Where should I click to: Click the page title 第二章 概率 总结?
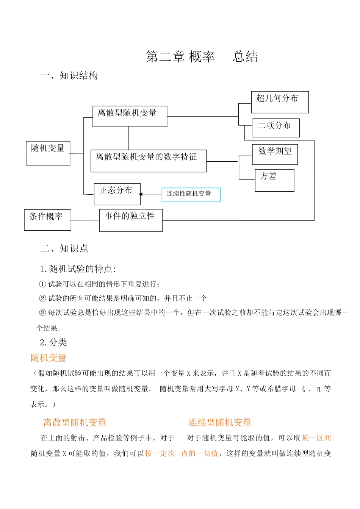click(202, 57)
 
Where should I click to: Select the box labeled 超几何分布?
click(280, 102)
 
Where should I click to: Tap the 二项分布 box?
click(276, 128)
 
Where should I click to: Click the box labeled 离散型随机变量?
click(130, 116)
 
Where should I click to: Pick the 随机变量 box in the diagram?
click(48, 153)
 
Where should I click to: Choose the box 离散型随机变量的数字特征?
click(149, 161)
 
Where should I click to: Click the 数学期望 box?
click(275, 154)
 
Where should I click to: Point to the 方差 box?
click(274, 180)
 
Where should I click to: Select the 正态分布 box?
click(117, 194)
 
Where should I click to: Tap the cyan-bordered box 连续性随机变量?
click(191, 195)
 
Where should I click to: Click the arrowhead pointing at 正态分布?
click(141, 194)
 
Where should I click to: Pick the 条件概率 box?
click(47, 220)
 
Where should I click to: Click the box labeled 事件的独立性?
click(131, 220)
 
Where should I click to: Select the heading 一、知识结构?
click(69, 76)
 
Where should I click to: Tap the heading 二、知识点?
click(64, 248)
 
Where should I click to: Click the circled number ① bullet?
click(42, 284)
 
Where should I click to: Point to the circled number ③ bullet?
click(42, 313)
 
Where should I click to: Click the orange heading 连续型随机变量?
click(220, 423)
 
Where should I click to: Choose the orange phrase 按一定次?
click(160, 454)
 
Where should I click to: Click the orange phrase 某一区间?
click(316, 438)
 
